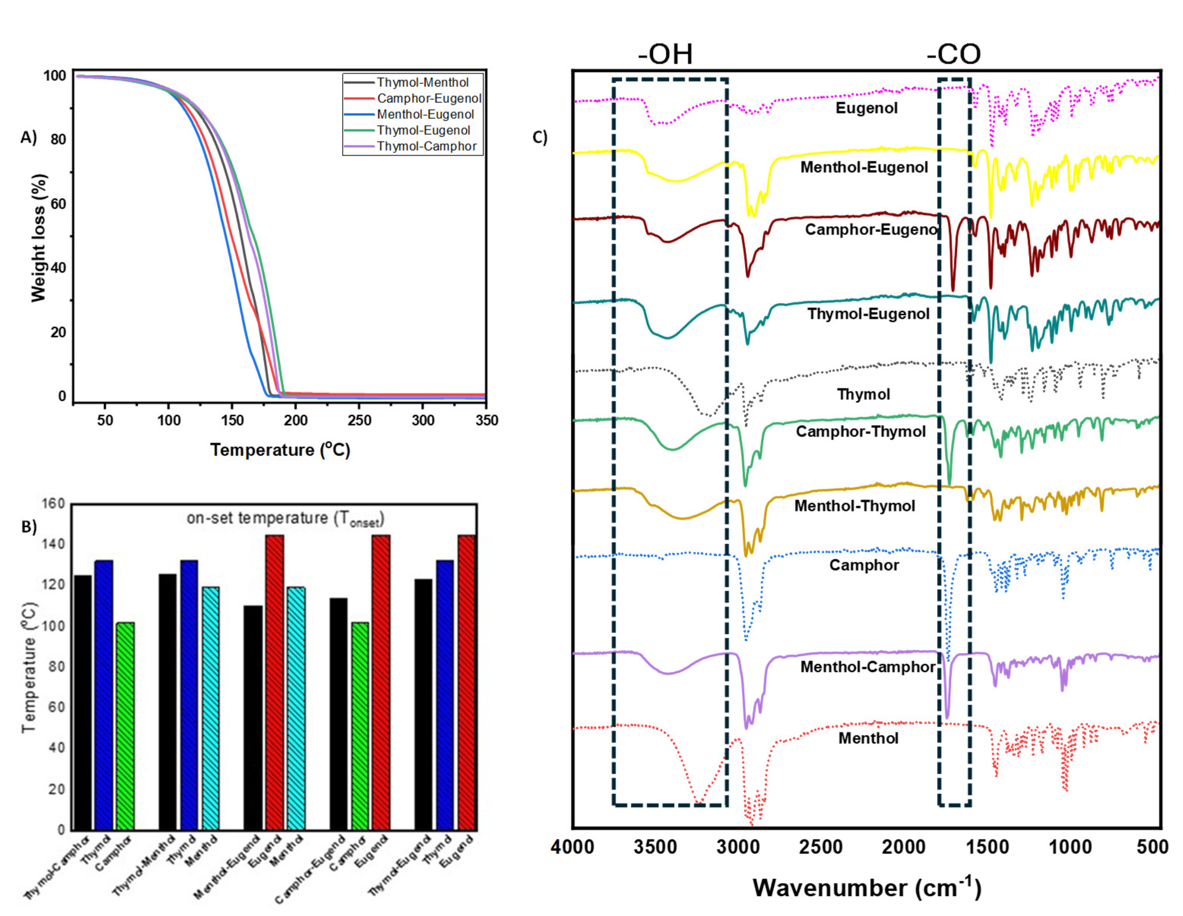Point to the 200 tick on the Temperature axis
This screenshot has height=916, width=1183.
295,420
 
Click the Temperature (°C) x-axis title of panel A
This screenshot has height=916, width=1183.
280,450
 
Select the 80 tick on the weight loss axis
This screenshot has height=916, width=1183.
58,139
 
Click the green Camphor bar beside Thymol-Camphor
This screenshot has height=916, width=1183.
125,726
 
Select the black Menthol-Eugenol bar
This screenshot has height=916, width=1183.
253,717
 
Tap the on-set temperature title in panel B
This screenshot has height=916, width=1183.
285,519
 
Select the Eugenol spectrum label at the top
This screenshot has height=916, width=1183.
866,108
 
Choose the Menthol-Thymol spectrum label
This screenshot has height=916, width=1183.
854,506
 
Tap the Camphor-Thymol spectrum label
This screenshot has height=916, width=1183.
860,432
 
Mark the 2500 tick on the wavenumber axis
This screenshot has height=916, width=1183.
821,846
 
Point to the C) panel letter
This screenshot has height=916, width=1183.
539,137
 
